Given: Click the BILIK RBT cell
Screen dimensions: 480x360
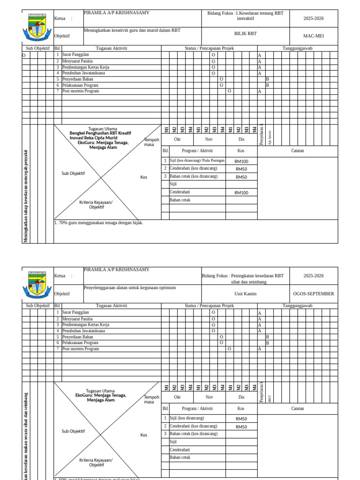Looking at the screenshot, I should coord(246,34).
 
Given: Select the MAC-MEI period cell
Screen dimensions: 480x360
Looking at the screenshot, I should coord(313,36).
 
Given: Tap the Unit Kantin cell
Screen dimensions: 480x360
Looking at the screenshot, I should coord(246,294).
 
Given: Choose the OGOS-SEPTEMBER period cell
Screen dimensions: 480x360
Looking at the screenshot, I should coord(313,294).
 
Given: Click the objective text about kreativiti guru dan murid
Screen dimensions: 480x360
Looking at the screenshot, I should coord(132,30).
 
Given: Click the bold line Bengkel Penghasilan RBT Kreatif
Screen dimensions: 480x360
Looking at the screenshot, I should coord(100,133).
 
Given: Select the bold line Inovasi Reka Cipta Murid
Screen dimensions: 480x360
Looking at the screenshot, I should coord(93,138).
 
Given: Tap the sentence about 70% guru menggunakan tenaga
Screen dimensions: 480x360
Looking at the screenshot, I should coord(99,223).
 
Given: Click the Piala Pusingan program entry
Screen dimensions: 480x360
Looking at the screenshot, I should coord(197,160).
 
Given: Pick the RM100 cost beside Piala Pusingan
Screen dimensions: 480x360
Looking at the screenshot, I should coord(241,161).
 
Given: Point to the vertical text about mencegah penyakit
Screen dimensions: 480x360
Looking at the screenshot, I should coord(26,197).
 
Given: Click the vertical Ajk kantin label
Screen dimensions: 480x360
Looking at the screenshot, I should coord(270,137).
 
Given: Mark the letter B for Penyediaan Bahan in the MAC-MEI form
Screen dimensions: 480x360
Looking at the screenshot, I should coord(267,79).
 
